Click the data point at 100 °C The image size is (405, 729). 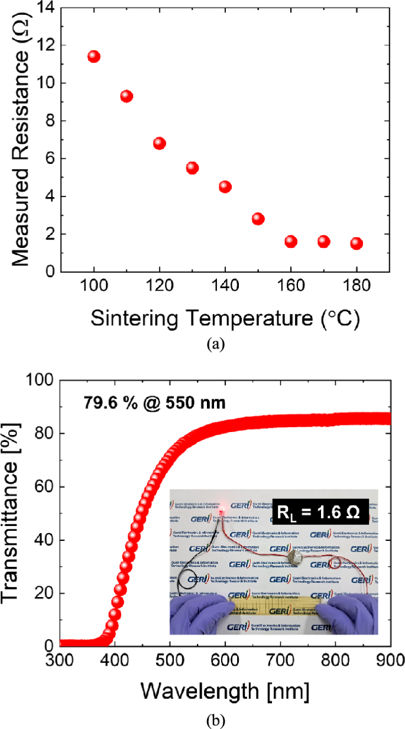pyautogui.click(x=93, y=57)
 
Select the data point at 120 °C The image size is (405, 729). pyautogui.click(x=159, y=143)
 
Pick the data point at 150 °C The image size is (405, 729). pyautogui.click(x=258, y=219)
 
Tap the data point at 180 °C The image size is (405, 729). pyautogui.click(x=356, y=243)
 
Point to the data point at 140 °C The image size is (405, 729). pyautogui.click(x=225, y=186)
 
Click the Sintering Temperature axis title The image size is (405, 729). pyautogui.click(x=225, y=318)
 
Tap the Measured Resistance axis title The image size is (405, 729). pyautogui.click(x=20, y=141)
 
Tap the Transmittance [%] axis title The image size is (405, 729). pyautogui.click(x=14, y=512)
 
